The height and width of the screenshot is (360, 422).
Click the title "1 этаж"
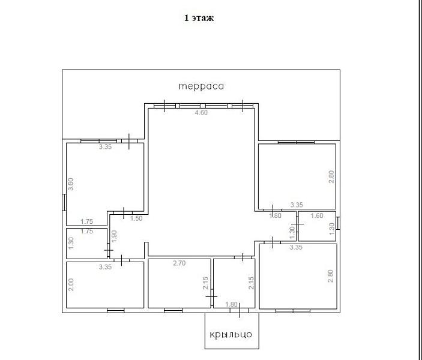tap(199, 18)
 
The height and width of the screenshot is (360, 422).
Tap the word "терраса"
tap(201, 86)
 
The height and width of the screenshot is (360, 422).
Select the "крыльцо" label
tap(231, 334)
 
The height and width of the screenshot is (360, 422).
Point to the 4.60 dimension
tap(201, 112)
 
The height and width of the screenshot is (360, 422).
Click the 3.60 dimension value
tap(70, 184)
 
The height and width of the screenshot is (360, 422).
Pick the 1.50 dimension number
tap(136, 218)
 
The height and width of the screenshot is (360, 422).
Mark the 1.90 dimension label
tap(114, 236)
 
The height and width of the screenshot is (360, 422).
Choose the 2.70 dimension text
tap(179, 263)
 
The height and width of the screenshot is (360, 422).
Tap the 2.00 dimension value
tap(71, 284)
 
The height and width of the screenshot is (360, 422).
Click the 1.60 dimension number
tap(317, 215)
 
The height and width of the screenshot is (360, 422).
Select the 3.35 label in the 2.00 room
tap(105, 267)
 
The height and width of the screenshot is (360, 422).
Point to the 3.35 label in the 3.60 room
tap(105, 146)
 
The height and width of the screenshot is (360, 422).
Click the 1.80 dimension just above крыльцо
tap(232, 304)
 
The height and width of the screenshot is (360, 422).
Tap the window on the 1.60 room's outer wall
tap(338, 223)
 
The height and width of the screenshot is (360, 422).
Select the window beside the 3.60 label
tap(64, 203)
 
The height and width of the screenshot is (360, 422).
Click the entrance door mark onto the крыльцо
tap(240, 310)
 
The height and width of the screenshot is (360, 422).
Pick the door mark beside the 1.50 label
tap(124, 213)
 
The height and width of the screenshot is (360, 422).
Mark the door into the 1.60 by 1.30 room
tap(297, 224)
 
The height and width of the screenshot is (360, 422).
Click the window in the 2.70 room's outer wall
tap(173, 310)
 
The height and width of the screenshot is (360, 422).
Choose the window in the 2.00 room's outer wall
tap(116, 310)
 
